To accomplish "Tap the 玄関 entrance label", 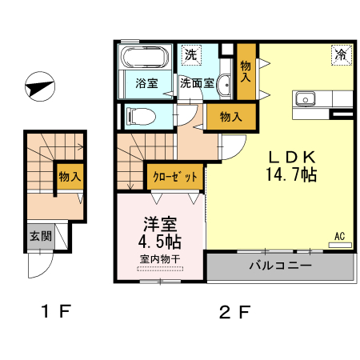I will pyautogui.click(x=41, y=236).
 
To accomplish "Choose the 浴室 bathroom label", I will pyautogui.click(x=145, y=82).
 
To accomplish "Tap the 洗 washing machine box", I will pyautogui.click(x=190, y=55).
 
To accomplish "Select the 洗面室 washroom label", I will pyautogui.click(x=196, y=82).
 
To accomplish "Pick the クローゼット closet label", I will pyautogui.click(x=174, y=177).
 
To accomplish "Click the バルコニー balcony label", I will pyautogui.click(x=279, y=266).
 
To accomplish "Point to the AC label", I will pyautogui.click(x=339, y=236).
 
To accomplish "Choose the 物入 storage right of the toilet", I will pyautogui.click(x=230, y=117).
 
